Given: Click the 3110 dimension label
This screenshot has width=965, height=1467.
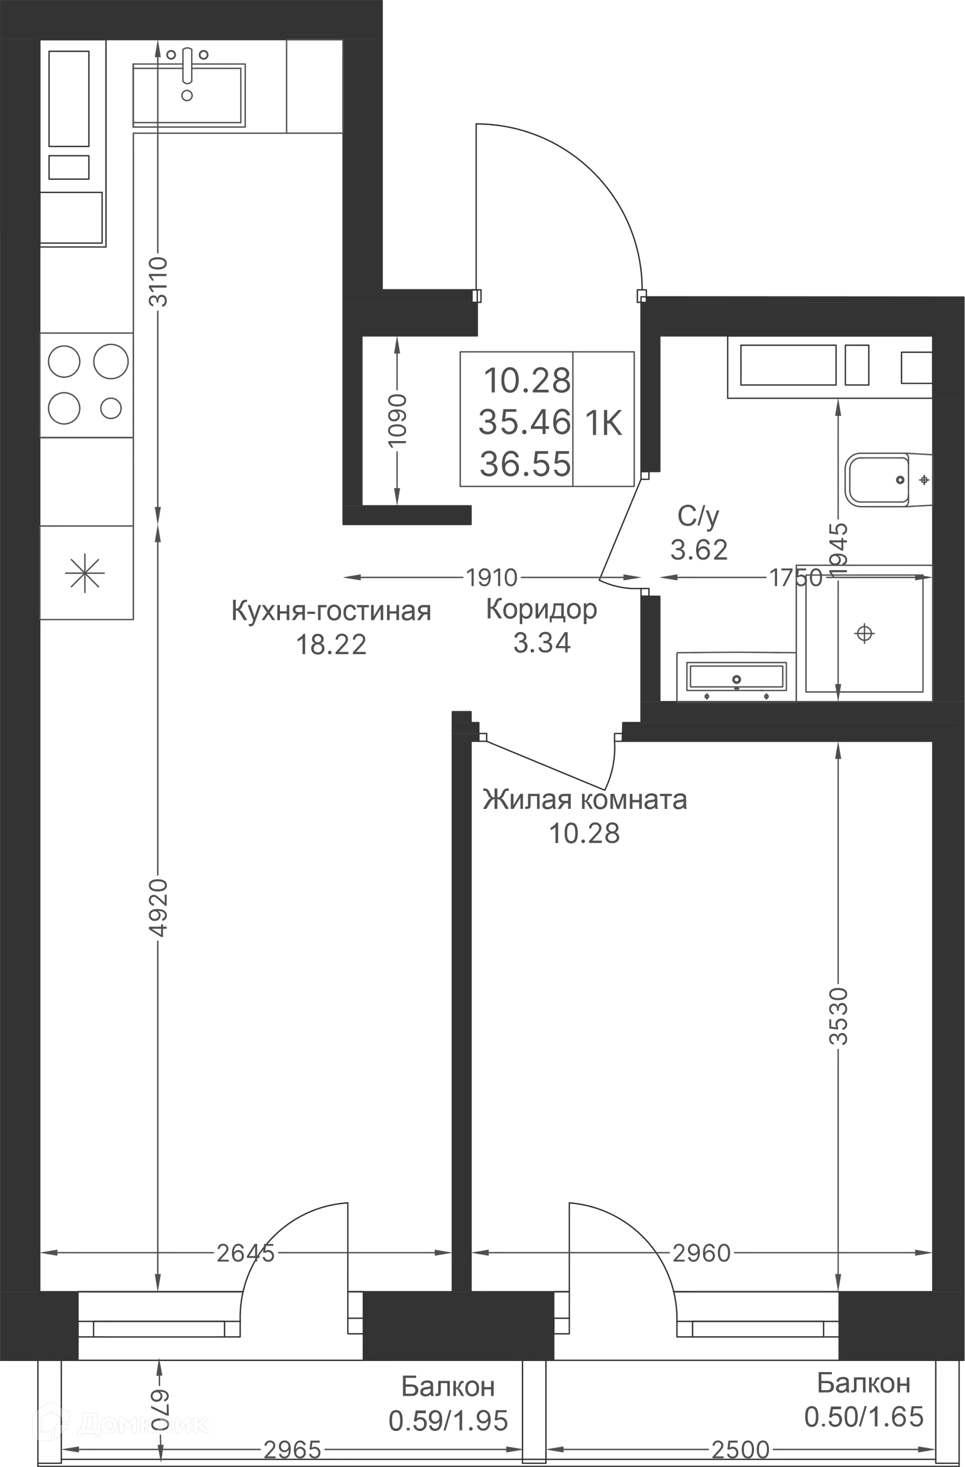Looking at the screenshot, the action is point(159,282).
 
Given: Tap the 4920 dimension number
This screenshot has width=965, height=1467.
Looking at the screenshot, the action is point(159,908).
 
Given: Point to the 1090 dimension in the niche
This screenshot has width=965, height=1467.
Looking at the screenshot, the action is point(398,421).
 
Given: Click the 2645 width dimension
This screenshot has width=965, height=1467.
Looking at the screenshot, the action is point(245,1252).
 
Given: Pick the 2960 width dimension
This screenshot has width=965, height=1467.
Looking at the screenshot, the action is point(702,1252).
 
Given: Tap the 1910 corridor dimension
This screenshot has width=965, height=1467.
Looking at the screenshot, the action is point(492,578).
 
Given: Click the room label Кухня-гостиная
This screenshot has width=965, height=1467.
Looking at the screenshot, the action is point(331,611).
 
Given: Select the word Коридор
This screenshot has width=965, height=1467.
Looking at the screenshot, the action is point(542,609).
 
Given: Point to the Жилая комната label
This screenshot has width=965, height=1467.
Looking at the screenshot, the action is point(585,800).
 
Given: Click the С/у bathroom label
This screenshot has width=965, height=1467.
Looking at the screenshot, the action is point(699,516).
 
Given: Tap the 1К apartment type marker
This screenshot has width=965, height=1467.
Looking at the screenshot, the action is point(604,423).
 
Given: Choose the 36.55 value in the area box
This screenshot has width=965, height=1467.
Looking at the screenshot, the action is point(525,464).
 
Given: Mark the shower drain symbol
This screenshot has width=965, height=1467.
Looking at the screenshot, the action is point(864,633).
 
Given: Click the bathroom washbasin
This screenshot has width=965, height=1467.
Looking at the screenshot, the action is point(736,677).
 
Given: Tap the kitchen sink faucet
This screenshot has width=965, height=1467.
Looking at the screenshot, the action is point(187,66).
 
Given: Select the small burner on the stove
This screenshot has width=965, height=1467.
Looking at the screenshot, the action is point(111,408).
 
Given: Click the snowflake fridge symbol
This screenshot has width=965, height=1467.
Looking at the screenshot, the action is point(85,573).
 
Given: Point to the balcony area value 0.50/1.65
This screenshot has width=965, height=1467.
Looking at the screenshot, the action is point(864,1416).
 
